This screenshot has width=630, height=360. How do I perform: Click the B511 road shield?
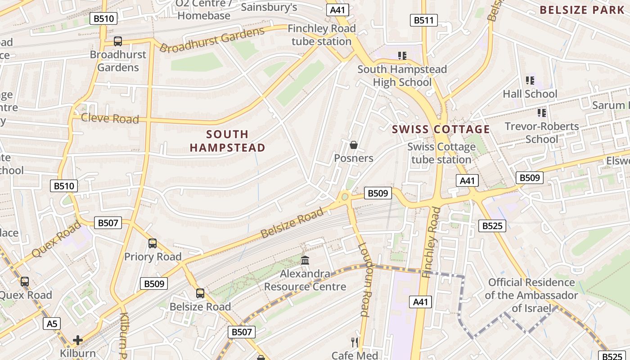click(x=424, y=20)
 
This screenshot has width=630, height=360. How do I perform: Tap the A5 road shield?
click(x=52, y=323)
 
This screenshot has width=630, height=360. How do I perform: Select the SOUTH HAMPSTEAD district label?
click(x=227, y=141)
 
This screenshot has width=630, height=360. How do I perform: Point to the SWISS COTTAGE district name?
click(x=441, y=130)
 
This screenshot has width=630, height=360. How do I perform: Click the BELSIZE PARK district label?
click(x=582, y=10)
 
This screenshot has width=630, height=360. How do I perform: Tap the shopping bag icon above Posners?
click(x=354, y=145)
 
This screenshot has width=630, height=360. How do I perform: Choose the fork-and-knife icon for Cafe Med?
click(x=355, y=342)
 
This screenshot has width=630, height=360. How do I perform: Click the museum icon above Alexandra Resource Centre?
click(x=305, y=260)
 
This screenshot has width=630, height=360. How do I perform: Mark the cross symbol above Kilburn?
click(x=78, y=340)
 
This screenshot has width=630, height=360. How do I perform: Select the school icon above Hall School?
click(x=530, y=81)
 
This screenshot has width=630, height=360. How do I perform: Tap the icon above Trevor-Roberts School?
click(x=541, y=112)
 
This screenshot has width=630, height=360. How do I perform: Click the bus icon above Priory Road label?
click(x=153, y=243)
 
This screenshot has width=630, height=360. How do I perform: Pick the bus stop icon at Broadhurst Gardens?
click(x=118, y=41)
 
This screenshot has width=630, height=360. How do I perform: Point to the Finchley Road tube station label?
click(x=321, y=35)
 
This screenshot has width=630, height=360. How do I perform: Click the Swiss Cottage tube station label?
click(x=441, y=153)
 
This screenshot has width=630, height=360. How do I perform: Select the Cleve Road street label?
click(x=110, y=118)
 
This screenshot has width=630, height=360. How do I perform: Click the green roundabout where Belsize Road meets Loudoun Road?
click(x=345, y=196)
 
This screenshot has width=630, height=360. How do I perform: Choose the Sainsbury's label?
click(x=269, y=7)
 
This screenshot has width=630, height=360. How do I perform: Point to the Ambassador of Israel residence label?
click(x=531, y=295)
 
